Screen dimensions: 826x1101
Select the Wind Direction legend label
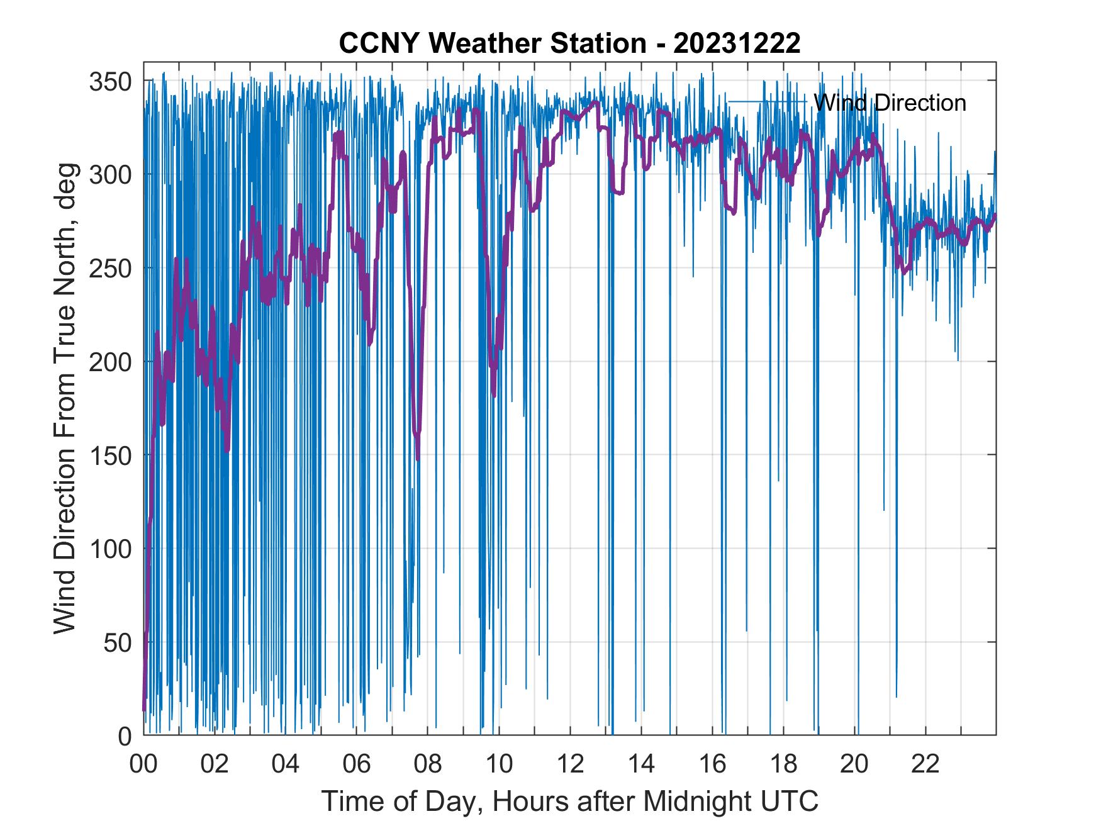coord(890,103)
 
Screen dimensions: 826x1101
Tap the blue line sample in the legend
coord(767,101)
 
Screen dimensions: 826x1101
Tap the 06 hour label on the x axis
coord(356,764)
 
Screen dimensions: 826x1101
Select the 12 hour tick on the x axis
coord(569,764)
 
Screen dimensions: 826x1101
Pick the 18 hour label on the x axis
coord(783,764)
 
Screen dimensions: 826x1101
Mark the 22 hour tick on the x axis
coord(925,764)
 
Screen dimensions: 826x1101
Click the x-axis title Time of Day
coord(569,801)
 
